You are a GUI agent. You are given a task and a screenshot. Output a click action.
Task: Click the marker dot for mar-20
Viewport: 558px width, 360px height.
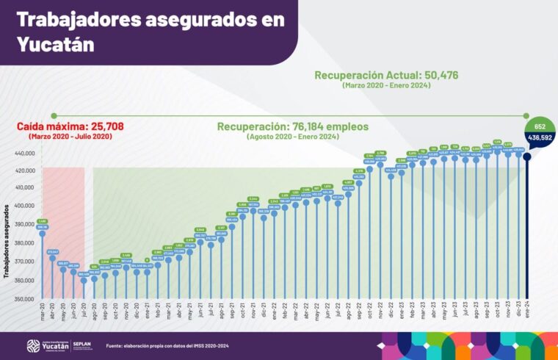pos(42,234)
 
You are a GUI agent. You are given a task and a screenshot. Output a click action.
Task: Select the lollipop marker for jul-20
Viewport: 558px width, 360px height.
pos(84,281)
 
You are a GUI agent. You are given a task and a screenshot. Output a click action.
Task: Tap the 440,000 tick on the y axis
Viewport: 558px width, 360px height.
pos(24,154)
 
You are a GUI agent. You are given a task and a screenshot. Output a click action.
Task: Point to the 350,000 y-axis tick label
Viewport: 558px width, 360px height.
pos(24,299)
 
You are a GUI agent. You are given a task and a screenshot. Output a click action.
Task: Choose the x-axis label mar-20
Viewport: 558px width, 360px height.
pos(43,312)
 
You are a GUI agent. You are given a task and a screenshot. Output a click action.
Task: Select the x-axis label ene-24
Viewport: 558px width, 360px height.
pos(527,312)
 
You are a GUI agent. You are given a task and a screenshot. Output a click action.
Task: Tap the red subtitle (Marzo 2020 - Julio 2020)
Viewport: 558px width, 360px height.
pos(70,137)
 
